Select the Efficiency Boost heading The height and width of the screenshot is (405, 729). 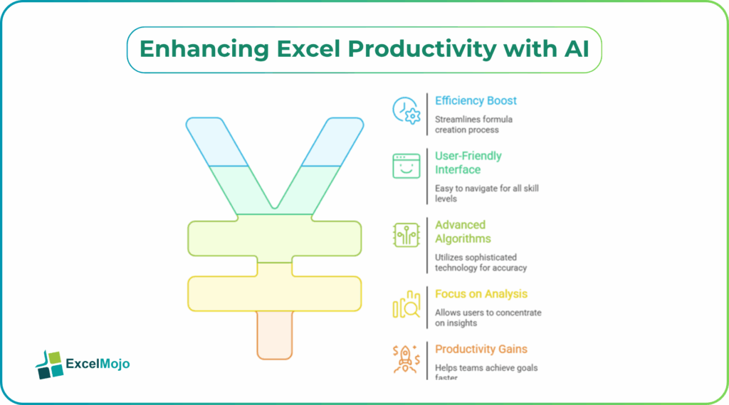point(476,100)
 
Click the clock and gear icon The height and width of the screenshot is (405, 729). point(407,110)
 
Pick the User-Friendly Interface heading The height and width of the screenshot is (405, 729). point(468,162)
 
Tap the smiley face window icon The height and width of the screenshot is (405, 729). point(407,165)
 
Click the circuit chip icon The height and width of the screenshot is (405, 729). point(407,235)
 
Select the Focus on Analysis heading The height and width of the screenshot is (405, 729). point(481,294)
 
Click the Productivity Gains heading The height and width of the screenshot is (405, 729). point(481,349)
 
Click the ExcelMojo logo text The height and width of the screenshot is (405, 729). point(98,364)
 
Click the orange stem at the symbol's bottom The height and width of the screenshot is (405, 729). point(275,335)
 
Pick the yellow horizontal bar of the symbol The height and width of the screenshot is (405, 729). point(275,293)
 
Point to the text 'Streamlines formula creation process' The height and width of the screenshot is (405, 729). point(473,125)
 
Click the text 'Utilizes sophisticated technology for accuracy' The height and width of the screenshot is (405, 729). point(481,262)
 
